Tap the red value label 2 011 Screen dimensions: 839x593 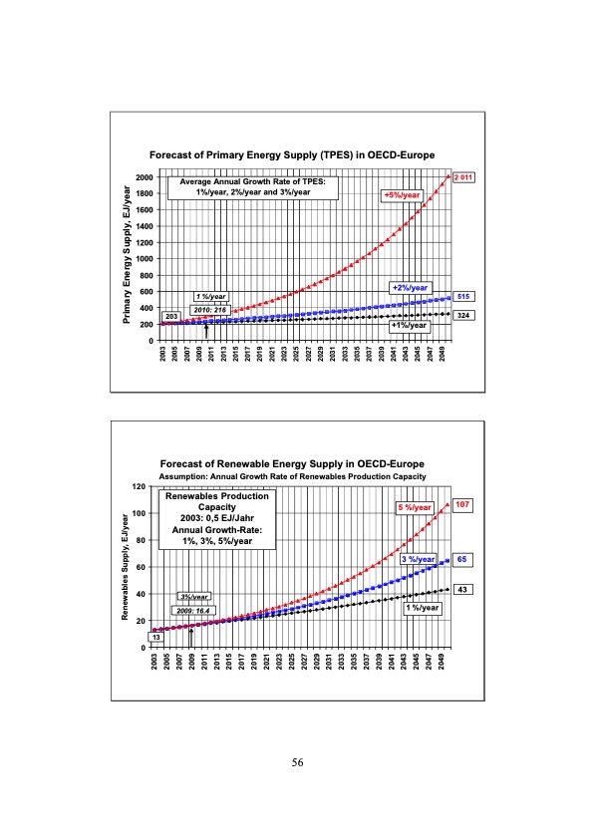click(463, 177)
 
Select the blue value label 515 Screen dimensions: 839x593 click(462, 297)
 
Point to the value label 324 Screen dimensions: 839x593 click(462, 315)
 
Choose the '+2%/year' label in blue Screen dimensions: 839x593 click(411, 288)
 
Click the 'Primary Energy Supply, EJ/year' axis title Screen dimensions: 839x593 click(128, 258)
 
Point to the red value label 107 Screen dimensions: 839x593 click(462, 505)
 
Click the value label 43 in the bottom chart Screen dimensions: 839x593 click(462, 590)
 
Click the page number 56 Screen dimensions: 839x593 click(297, 762)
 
